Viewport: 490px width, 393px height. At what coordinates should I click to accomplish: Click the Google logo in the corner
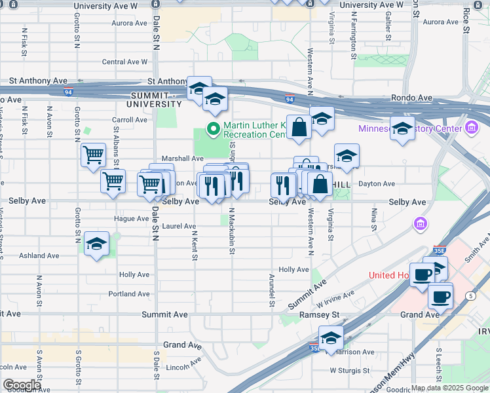pyautogui.click(x=22, y=385)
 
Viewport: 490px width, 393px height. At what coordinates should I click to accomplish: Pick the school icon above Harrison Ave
pyautogui.click(x=331, y=338)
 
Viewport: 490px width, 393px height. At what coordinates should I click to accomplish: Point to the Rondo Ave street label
pyautogui.click(x=412, y=98)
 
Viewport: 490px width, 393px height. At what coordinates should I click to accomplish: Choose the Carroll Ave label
pyautogui.click(x=130, y=120)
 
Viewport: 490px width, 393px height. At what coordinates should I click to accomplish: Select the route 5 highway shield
pyautogui.click(x=470, y=296)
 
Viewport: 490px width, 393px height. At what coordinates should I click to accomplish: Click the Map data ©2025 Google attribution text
pyautogui.click(x=449, y=388)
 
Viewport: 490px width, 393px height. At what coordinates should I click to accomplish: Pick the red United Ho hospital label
pyautogui.click(x=390, y=275)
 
